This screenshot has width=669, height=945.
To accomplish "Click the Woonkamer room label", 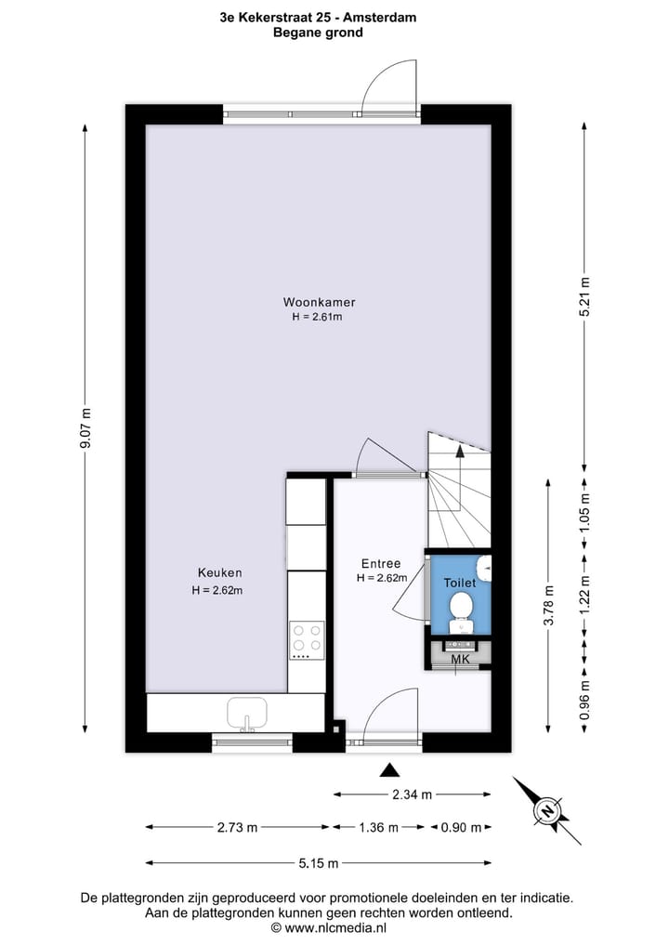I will pos(320,302).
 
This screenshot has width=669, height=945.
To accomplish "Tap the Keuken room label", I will pos(219,572).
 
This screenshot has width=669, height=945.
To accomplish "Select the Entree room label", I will pos(381,563).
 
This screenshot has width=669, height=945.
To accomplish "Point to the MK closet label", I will pos(459,660).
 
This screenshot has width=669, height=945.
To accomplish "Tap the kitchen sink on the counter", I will pos(248,714).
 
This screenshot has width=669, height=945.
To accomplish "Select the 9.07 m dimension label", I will pos(86,428).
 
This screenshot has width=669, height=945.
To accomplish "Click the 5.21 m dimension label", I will pos(584,296).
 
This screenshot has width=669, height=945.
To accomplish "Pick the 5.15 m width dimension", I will pos(318,862).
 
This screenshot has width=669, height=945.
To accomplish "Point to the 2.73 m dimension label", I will pos(237,827).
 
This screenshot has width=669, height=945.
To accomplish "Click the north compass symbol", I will pos(548,809).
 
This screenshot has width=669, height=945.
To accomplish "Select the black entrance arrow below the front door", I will pos(390,769).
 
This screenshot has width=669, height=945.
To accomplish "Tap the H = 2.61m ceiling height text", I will pos(318,317).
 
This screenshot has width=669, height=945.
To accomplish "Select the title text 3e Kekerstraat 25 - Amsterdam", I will pos(318,17).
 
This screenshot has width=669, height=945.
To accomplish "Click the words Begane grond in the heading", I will pos(318,32).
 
